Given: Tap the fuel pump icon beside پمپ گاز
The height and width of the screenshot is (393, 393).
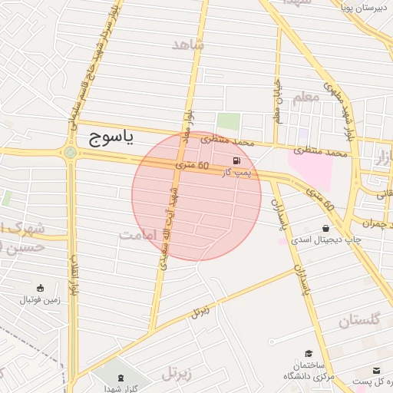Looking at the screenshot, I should coord(236,161).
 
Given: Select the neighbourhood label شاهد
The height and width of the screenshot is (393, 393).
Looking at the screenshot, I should coord(189,45).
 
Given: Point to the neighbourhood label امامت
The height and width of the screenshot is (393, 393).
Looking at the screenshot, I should coord(141,236).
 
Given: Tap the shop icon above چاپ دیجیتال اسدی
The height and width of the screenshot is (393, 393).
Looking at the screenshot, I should coord(326,229).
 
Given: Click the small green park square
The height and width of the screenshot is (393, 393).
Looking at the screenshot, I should coord(227,122).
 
